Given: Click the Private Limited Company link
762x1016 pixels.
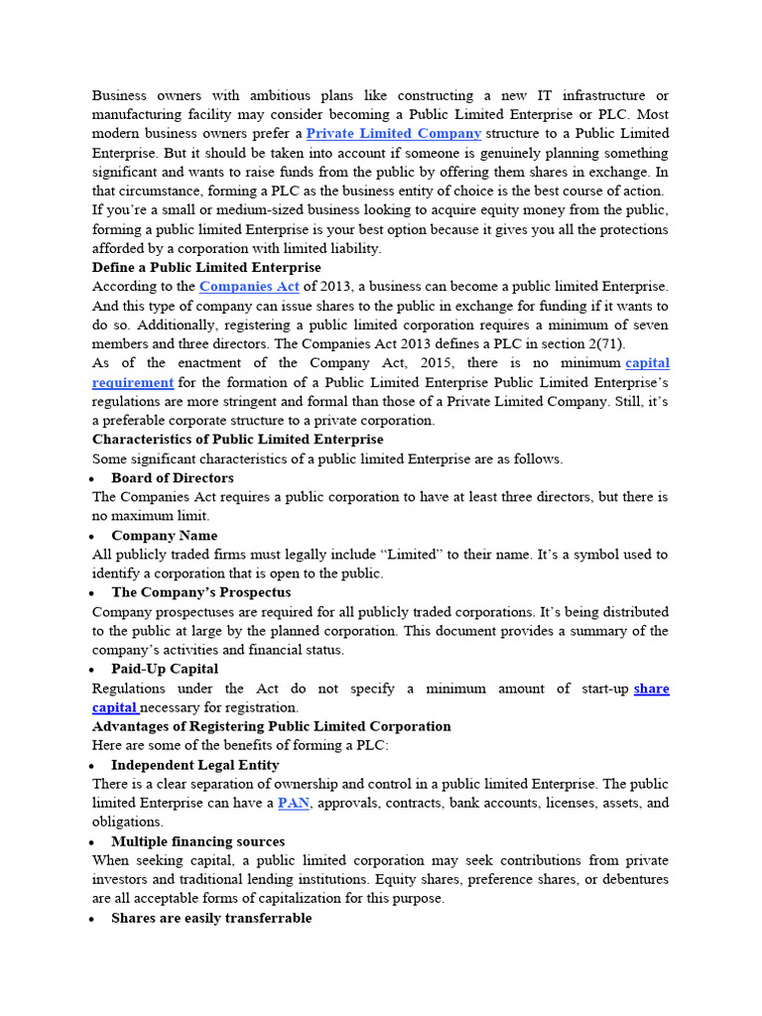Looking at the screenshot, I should pyautogui.click(x=394, y=133).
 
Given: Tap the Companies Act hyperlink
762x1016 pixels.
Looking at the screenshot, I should pyautogui.click(x=249, y=287).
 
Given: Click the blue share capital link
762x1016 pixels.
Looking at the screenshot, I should pyautogui.click(x=651, y=689).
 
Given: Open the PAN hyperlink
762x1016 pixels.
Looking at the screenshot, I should pyautogui.click(x=294, y=803).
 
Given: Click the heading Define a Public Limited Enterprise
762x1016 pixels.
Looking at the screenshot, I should pyautogui.click(x=206, y=268).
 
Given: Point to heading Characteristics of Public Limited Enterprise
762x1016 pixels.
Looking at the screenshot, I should pyautogui.click(x=237, y=440).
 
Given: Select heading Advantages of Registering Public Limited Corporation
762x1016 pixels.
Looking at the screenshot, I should pyautogui.click(x=271, y=726).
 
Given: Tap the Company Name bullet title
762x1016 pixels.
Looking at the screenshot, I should pyautogui.click(x=164, y=536).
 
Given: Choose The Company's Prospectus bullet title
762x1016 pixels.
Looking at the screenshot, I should pyautogui.click(x=201, y=592).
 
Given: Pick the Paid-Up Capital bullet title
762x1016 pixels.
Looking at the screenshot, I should pyautogui.click(x=165, y=669).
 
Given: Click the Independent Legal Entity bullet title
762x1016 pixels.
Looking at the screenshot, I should pyautogui.click(x=195, y=765).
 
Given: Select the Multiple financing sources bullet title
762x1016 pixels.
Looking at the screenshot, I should pyautogui.click(x=197, y=841).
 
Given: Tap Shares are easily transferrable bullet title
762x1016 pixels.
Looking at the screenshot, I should pyautogui.click(x=211, y=918).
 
